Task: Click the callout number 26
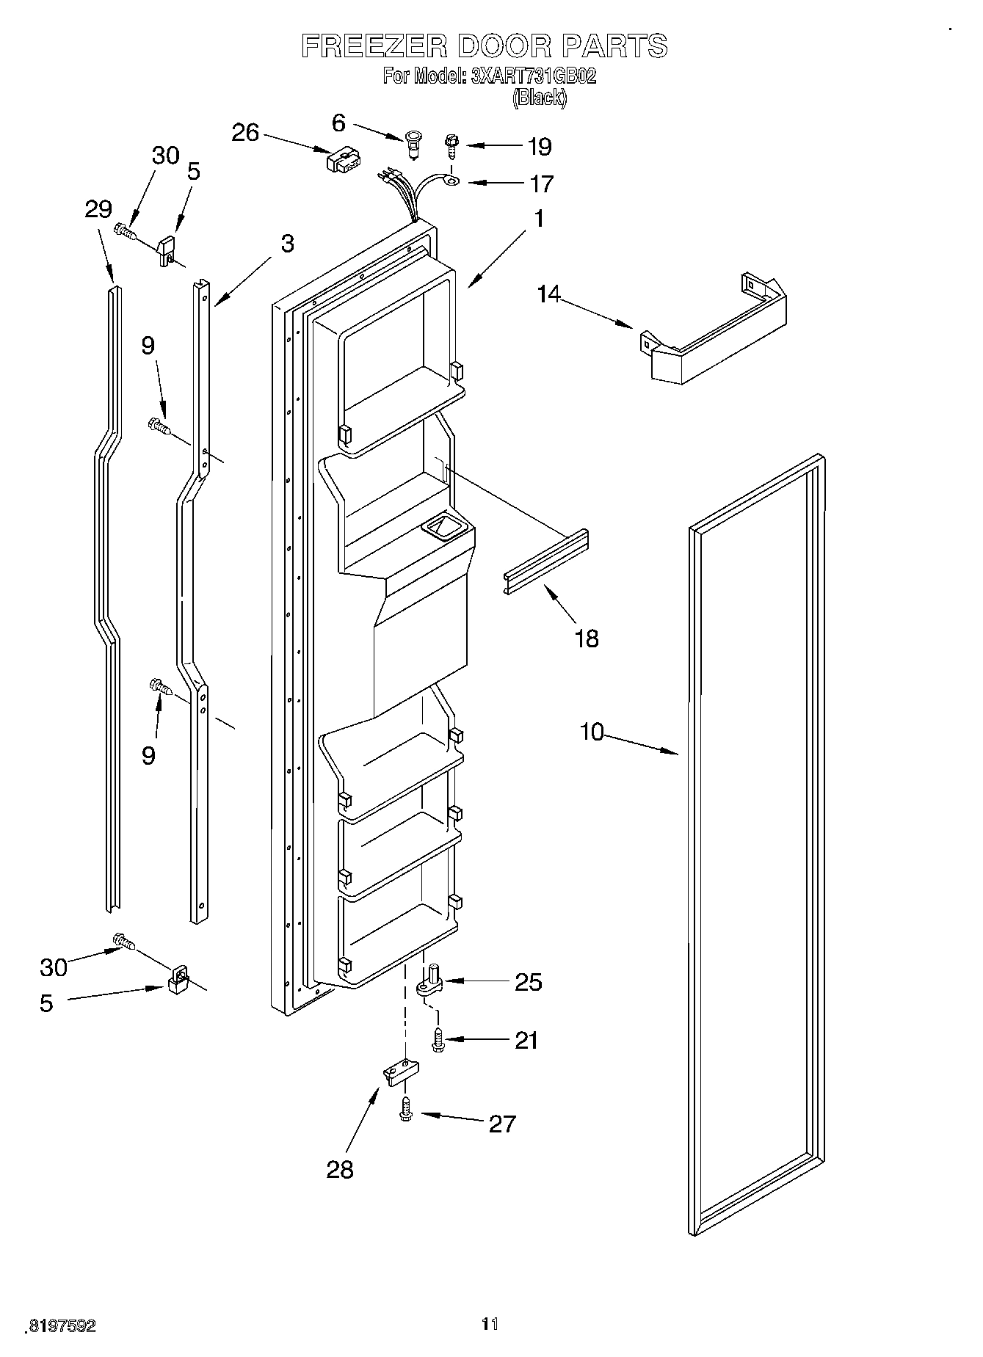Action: click(x=245, y=132)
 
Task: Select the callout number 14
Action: click(x=548, y=294)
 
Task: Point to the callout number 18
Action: click(x=587, y=638)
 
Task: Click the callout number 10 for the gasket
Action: click(x=592, y=731)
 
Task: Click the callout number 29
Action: click(x=98, y=209)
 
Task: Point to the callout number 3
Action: click(x=287, y=244)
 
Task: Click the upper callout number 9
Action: click(x=148, y=345)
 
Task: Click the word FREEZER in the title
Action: click(x=374, y=46)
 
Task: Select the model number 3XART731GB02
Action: click(x=532, y=76)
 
